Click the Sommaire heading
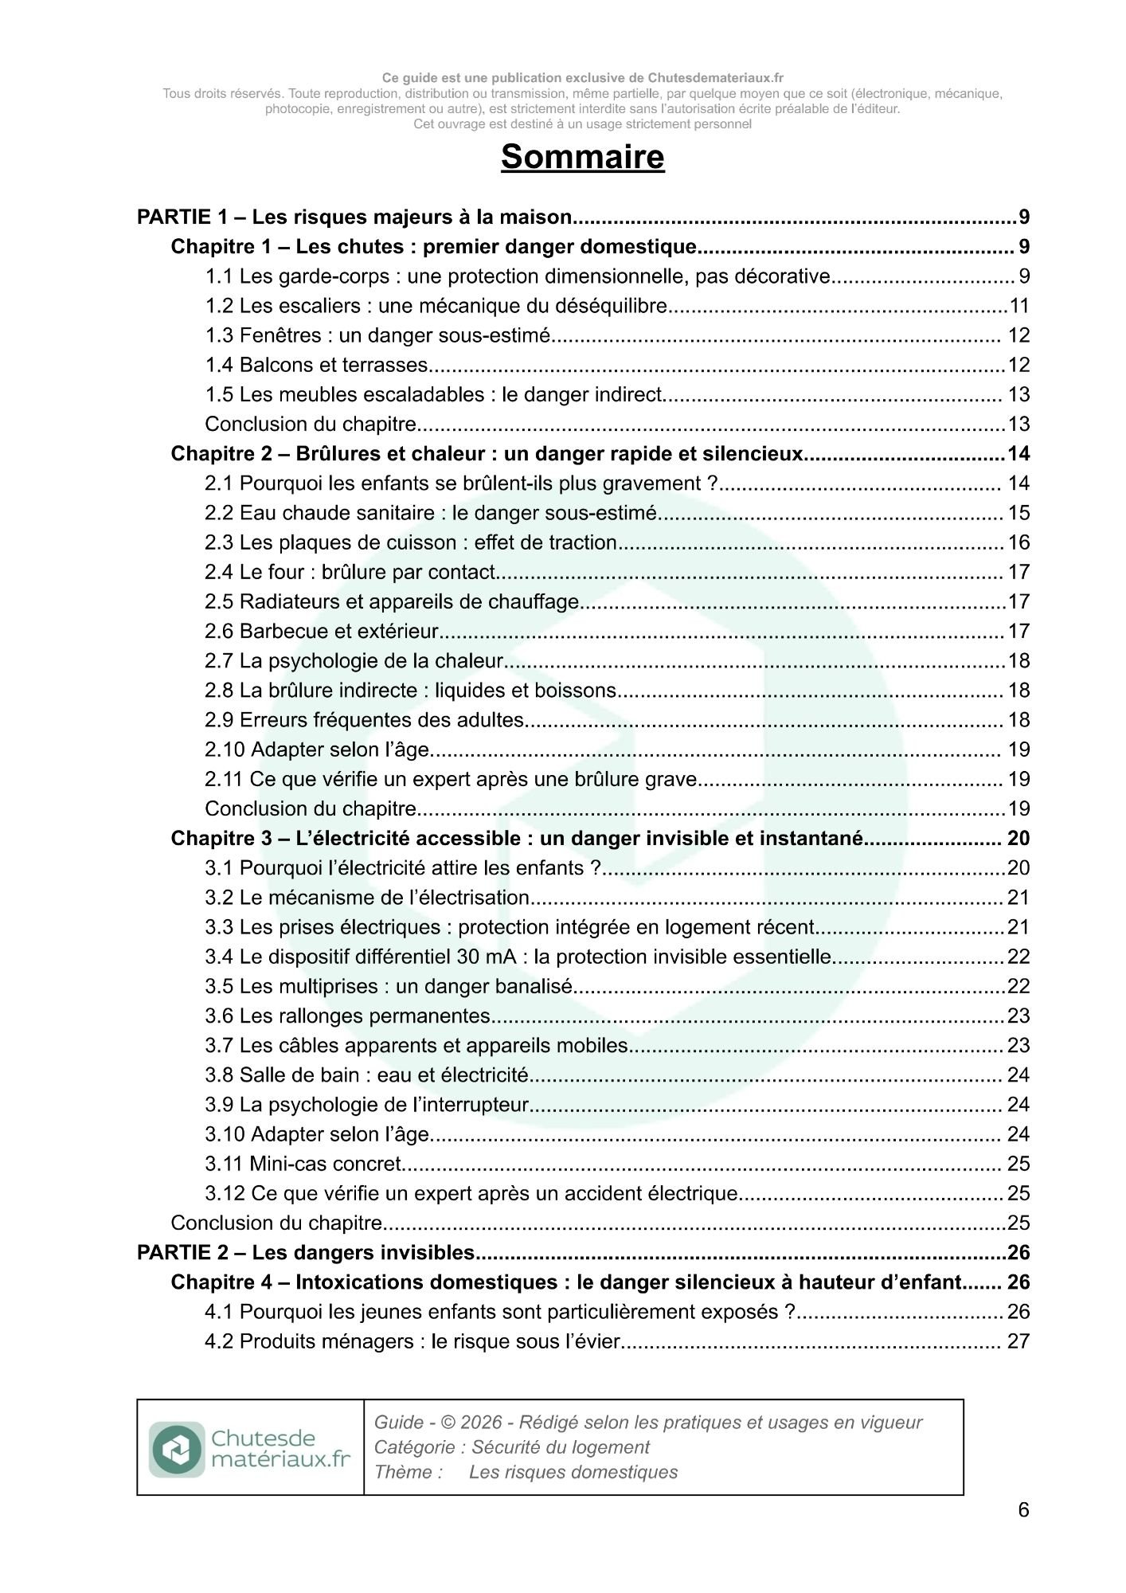point(582,157)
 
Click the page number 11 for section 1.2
point(1019,306)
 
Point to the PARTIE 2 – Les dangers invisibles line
point(306,1252)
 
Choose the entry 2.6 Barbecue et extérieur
point(322,632)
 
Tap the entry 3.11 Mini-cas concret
point(303,1164)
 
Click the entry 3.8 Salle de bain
point(366,1075)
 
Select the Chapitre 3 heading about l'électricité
point(517,838)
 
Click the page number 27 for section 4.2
point(1018,1341)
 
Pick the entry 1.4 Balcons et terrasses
point(317,365)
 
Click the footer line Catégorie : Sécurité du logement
point(511,1447)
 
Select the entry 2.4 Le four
point(350,572)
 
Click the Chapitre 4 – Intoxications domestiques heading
point(565,1282)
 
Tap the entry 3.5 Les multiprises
point(389,986)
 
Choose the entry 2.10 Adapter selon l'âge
point(317,750)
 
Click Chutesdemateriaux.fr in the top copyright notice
point(715,78)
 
